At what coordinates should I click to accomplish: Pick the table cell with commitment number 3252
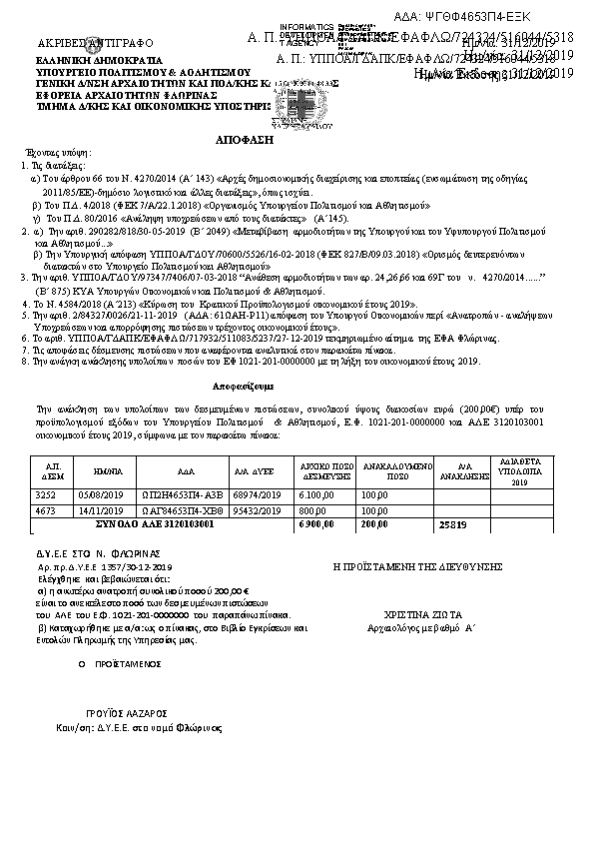(46, 494)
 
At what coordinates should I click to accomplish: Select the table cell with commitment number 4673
(46, 509)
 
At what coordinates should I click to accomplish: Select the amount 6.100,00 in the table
(316, 494)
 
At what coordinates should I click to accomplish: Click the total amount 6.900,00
(316, 523)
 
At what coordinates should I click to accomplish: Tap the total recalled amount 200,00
(374, 523)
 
